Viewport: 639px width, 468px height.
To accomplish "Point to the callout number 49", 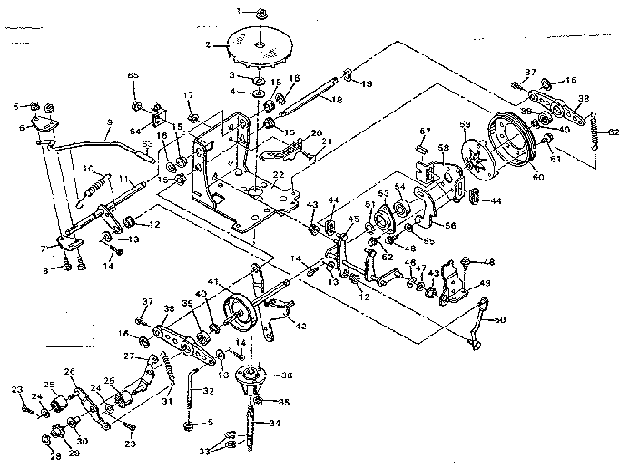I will (x=485, y=283).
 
